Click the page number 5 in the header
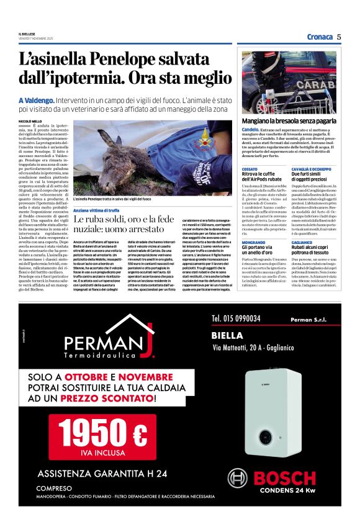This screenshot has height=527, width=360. click(340, 37)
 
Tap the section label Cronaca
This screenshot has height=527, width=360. click(320, 37)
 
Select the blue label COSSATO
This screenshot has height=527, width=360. click(250, 169)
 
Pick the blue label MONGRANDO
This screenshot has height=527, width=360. click(254, 241)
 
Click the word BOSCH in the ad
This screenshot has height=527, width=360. click(286, 478)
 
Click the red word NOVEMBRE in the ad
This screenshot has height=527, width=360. click(146, 377)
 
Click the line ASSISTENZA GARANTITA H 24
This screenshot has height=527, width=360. click(102, 474)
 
